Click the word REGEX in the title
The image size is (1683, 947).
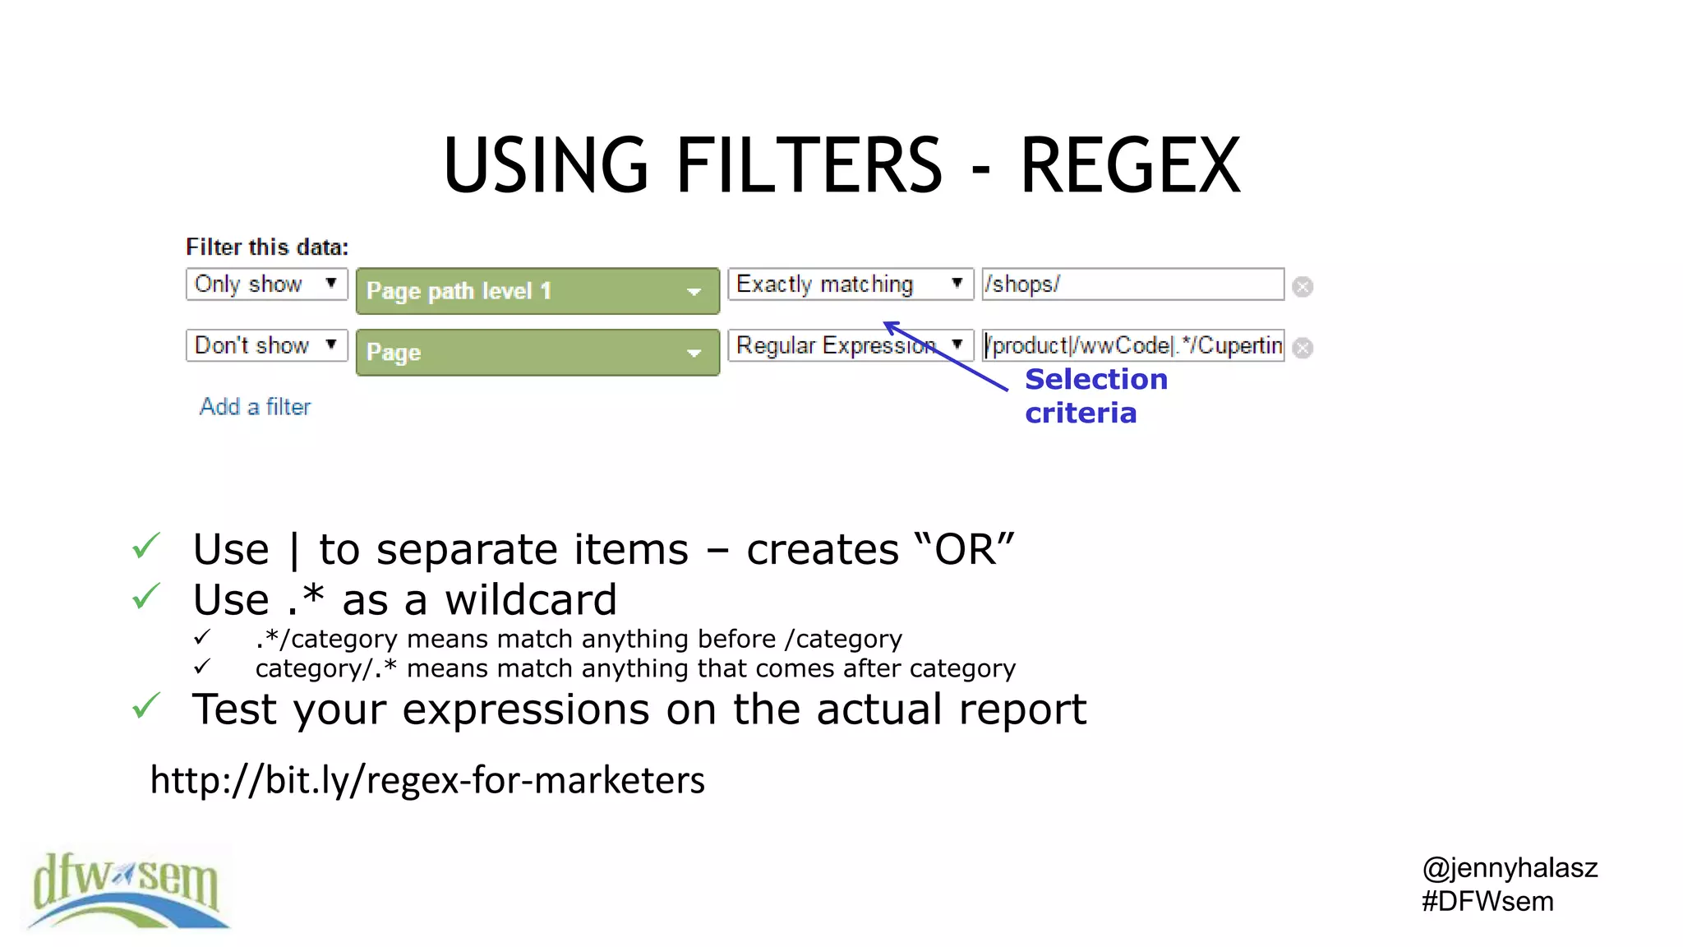tap(1129, 166)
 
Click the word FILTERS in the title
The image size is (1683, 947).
tap(809, 166)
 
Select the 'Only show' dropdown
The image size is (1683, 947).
tap(266, 284)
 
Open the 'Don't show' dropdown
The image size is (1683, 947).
tap(266, 345)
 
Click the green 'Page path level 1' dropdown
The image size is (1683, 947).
tap(537, 291)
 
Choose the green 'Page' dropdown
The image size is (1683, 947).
tap(537, 353)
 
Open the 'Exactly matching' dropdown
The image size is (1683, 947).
tap(850, 284)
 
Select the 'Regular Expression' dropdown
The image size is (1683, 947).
tap(850, 345)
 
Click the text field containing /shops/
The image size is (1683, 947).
tap(1132, 284)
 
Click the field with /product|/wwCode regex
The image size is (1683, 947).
tap(1132, 345)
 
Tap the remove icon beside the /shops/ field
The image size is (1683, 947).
tap(1303, 287)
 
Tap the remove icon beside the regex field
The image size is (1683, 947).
tap(1303, 349)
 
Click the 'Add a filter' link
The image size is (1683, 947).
tap(255, 407)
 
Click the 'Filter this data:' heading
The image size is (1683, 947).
tap(267, 247)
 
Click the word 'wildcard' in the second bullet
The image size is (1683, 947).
tap(531, 600)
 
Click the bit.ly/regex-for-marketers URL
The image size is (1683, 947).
tap(427, 780)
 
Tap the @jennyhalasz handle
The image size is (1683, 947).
tap(1510, 868)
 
